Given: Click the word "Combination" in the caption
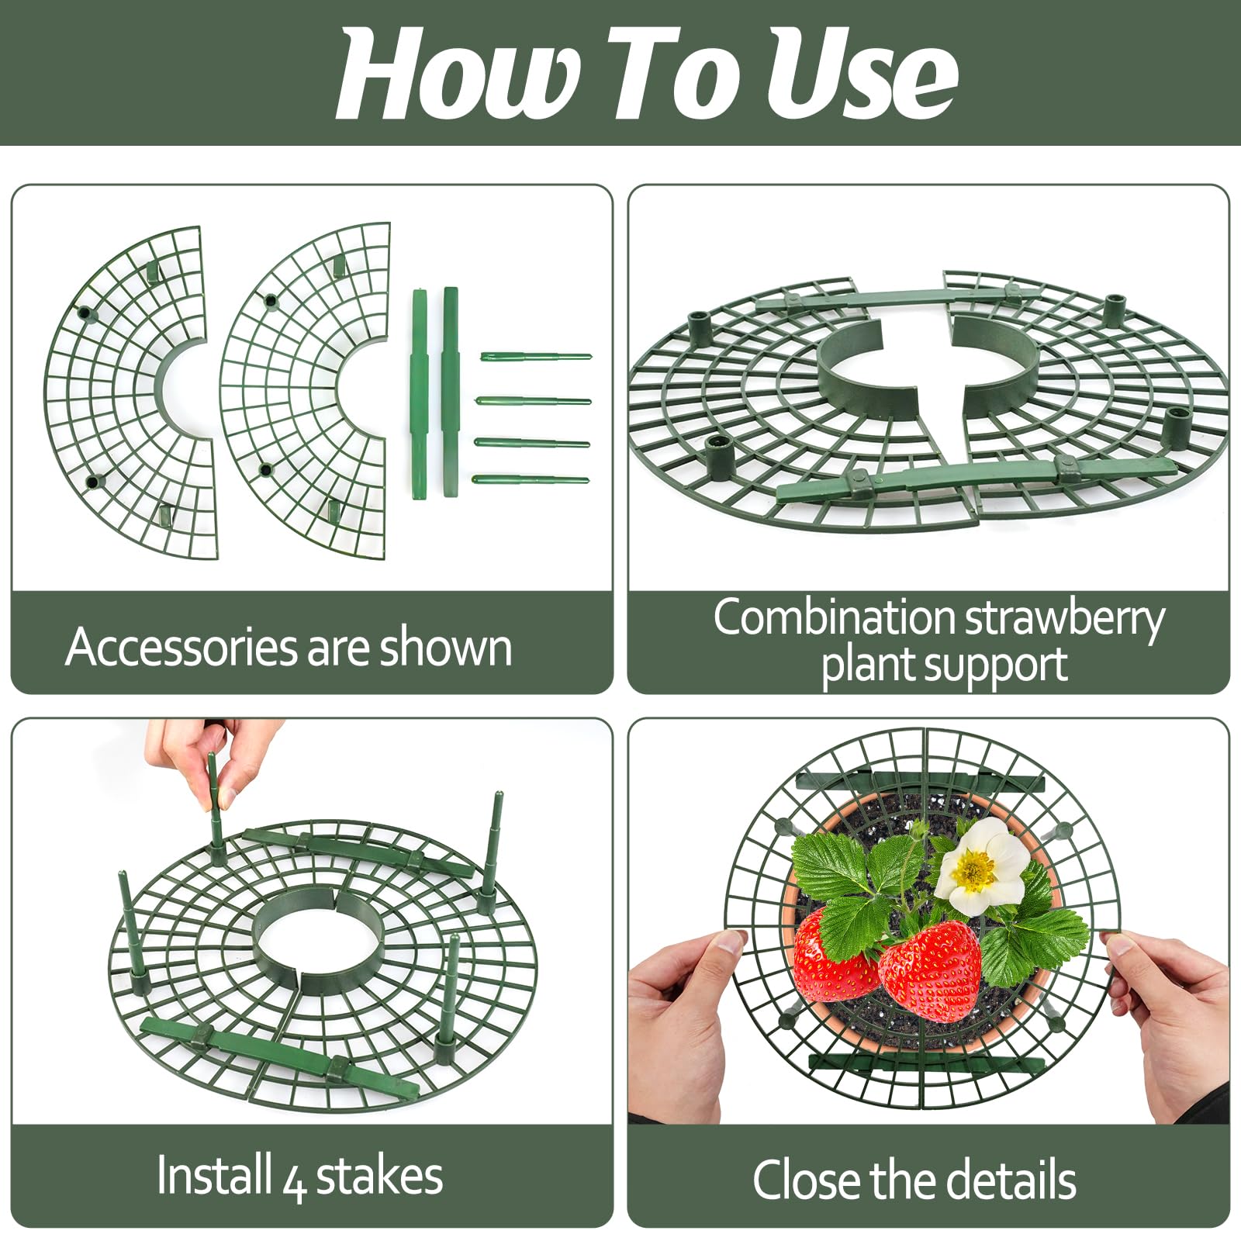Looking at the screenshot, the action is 834,618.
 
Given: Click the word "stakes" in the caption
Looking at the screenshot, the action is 379,1176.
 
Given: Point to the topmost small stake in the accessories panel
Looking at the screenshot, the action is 535,356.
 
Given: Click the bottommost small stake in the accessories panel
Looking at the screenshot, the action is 531,480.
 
